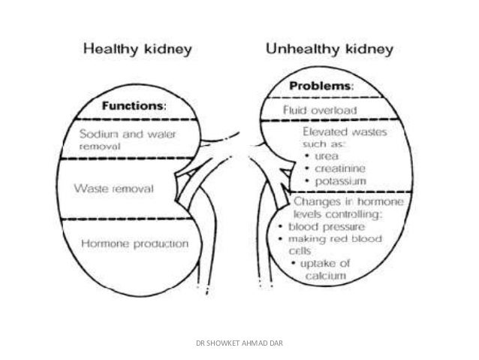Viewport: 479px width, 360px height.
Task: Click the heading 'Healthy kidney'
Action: (x=138, y=50)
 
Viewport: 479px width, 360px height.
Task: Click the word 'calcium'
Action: (x=325, y=277)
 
